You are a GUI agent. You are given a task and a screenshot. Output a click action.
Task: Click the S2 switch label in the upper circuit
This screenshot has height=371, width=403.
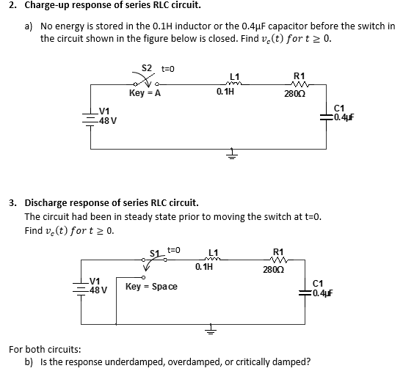pos(146,68)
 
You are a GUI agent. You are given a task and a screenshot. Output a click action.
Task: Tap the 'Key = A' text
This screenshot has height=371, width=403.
pos(145,94)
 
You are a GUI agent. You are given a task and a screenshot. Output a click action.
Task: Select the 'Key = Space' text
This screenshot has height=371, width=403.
pos(151,285)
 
